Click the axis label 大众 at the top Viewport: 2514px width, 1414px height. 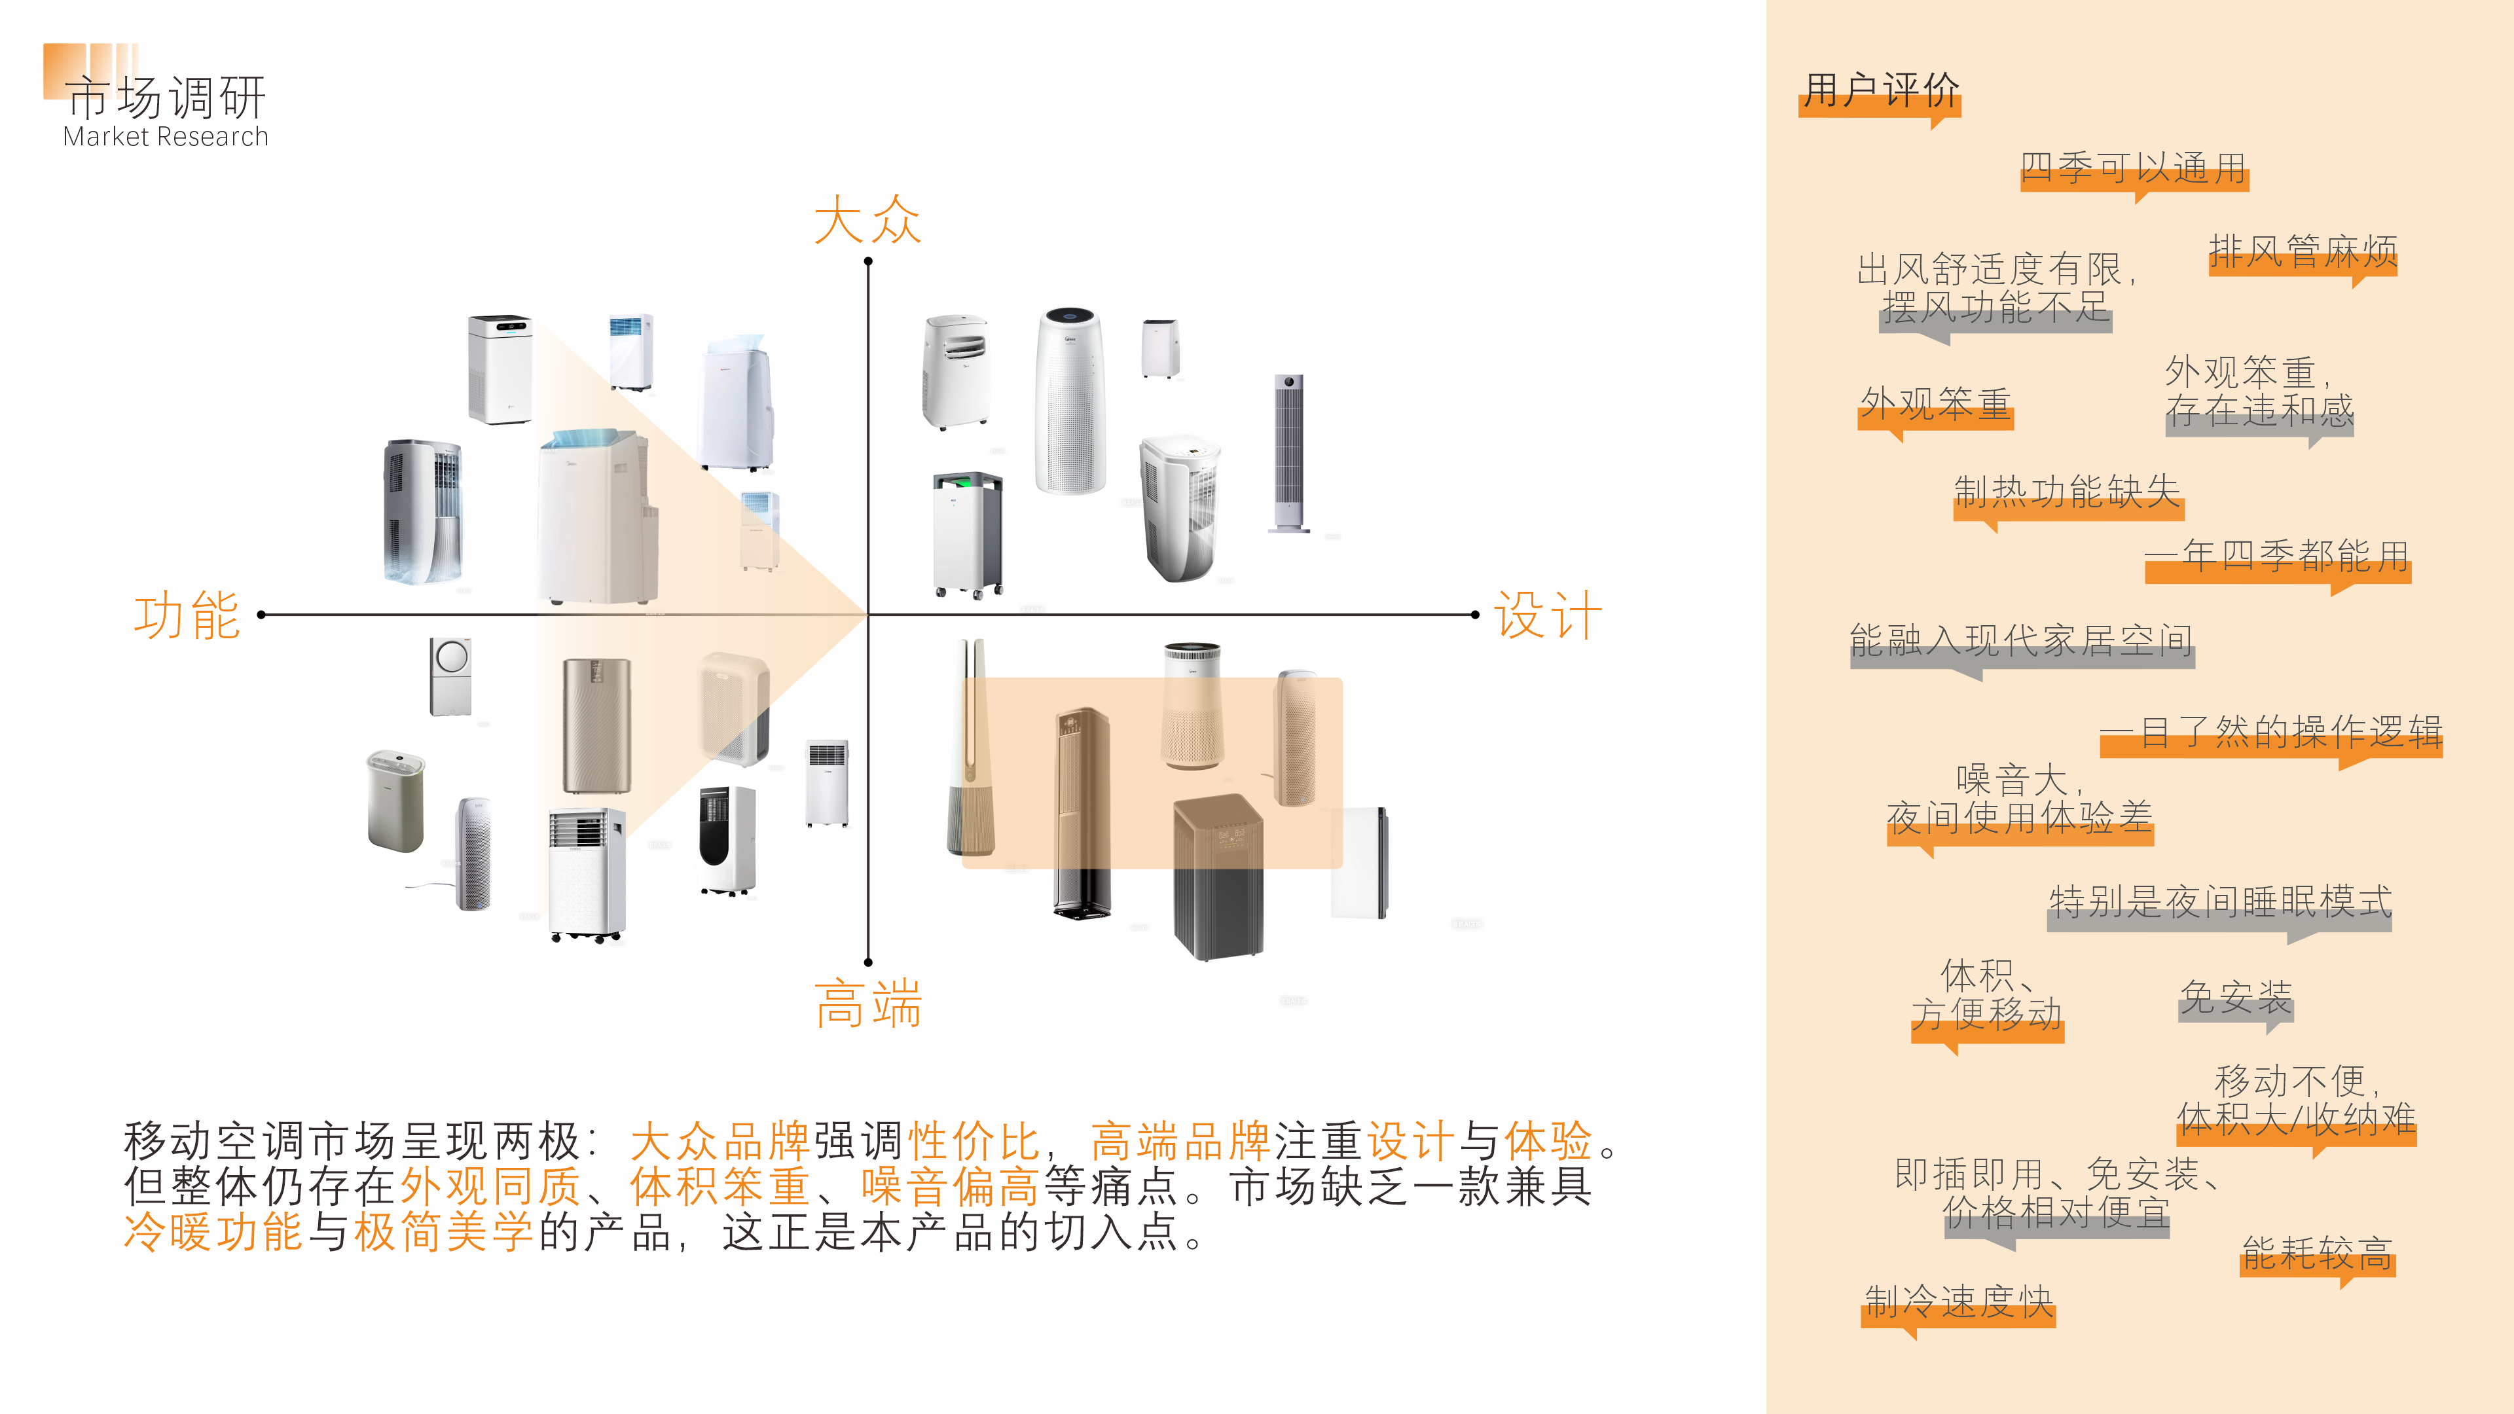click(867, 219)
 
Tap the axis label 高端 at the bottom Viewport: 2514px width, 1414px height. click(867, 1004)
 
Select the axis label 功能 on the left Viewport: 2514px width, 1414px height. click(187, 616)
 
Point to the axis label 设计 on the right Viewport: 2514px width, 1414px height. click(1548, 616)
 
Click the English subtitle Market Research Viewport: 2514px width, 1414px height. click(165, 137)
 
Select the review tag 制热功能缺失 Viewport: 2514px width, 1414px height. click(2067, 492)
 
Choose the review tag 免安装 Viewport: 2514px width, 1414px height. click(2235, 997)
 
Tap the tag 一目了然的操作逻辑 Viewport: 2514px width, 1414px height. click(2270, 732)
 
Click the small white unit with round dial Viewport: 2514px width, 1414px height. click(451, 676)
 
